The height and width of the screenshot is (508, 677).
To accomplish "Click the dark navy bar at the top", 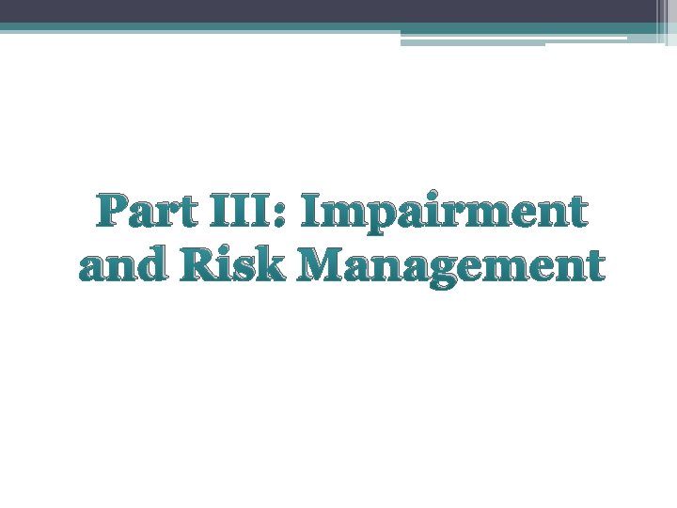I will click(329, 11).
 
